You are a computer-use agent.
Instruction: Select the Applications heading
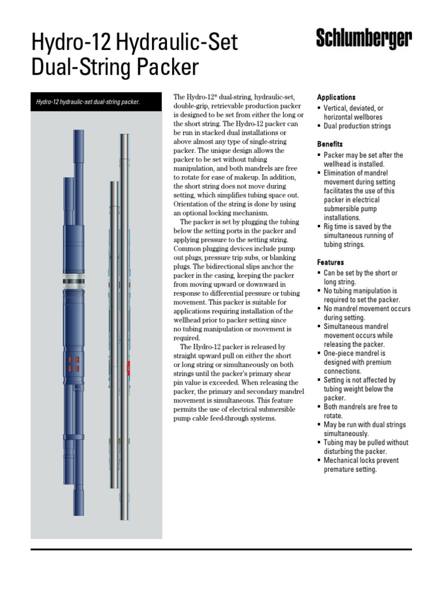coord(336,97)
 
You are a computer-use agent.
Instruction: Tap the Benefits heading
coord(330,144)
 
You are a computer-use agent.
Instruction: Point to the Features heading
coord(330,262)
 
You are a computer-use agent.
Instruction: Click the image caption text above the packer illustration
coord(88,102)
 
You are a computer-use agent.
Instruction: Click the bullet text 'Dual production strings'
coord(357,126)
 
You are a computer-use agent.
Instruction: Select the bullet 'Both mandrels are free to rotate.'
coord(360,411)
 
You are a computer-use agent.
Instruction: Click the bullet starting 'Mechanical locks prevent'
coord(361,465)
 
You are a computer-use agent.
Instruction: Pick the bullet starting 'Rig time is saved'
coord(358,235)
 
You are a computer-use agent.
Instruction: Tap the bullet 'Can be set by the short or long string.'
coord(360,277)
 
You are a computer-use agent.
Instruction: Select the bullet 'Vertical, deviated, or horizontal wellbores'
coord(353,113)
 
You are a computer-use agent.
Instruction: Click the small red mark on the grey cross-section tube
coord(129,365)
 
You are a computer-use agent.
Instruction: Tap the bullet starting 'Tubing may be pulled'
coord(365,447)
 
